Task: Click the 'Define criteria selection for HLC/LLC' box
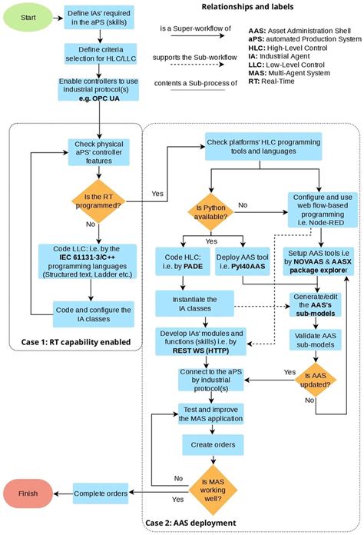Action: (x=91, y=55)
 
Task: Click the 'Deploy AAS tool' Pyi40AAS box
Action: (x=240, y=261)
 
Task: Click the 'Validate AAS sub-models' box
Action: (x=315, y=339)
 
